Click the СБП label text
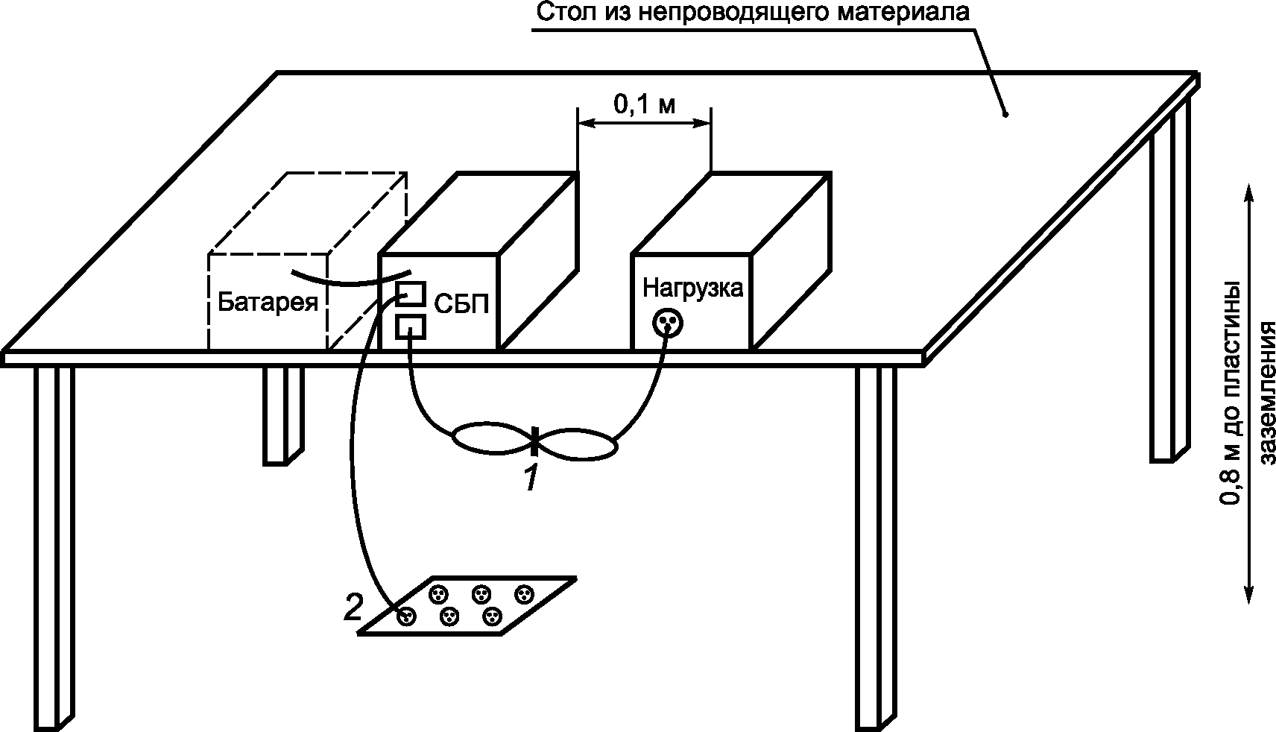point(461,304)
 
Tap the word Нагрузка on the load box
point(692,288)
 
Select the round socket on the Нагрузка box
point(667,323)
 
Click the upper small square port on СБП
point(411,293)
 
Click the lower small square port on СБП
point(411,326)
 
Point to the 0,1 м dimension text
point(644,105)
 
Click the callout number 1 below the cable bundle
point(530,478)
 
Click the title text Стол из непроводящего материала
point(753,13)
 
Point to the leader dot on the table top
point(1005,115)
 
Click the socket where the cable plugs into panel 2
point(406,616)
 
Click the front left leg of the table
point(54,544)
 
